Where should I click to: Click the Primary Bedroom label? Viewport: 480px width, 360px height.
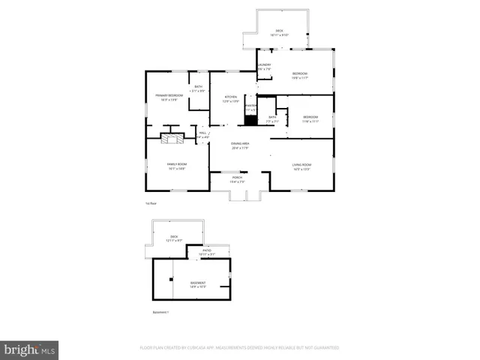[x=169, y=96]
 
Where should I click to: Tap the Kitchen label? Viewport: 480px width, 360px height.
[x=232, y=97]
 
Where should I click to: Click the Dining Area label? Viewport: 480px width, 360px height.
[x=239, y=143]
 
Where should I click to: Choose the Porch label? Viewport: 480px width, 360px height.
[x=236, y=178]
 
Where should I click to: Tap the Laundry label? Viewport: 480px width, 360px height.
[x=264, y=66]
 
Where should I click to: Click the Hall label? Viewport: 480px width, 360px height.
[x=202, y=133]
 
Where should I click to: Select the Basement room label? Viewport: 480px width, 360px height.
[x=198, y=282]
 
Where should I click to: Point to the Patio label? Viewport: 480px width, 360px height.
[x=206, y=250]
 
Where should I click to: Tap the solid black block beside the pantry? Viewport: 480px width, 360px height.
[x=250, y=120]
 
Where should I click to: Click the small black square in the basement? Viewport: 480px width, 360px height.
[x=172, y=279]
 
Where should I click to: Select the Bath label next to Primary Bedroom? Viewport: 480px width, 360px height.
[x=198, y=88]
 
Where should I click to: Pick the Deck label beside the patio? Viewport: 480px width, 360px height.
[x=173, y=237]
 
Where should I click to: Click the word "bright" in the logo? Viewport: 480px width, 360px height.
[x=22, y=349]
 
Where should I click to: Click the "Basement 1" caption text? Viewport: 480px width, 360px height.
[x=161, y=312]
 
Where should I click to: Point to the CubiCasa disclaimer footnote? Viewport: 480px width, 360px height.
[x=239, y=348]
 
